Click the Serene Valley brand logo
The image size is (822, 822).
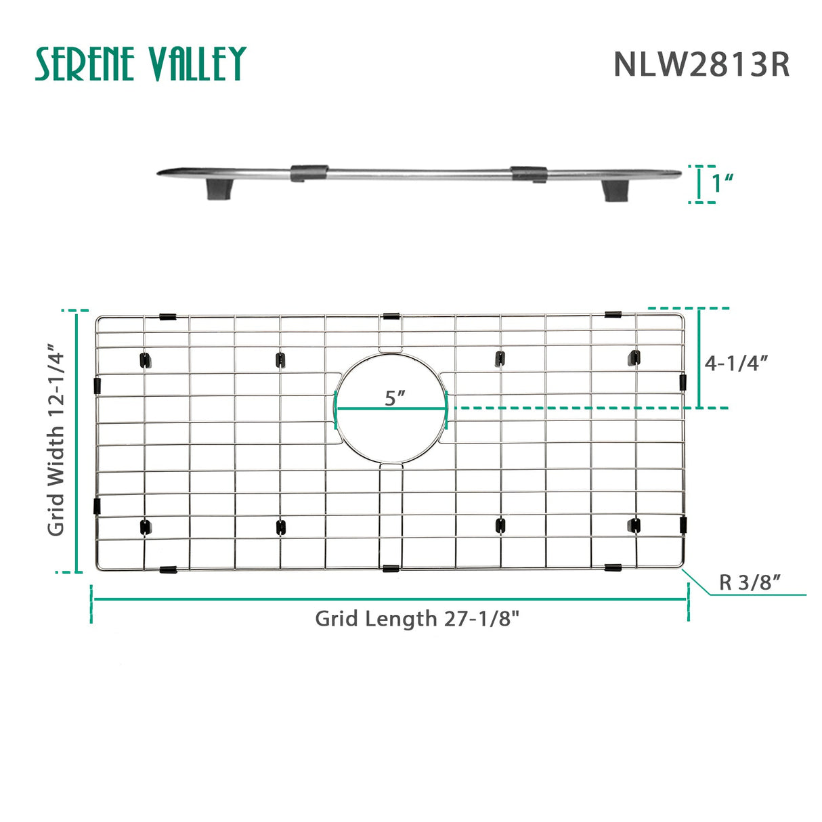(x=140, y=64)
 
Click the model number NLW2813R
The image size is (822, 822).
(x=701, y=65)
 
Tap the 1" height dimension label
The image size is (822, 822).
(x=722, y=183)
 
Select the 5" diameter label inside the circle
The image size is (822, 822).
(x=394, y=398)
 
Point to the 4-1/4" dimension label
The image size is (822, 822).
(x=736, y=363)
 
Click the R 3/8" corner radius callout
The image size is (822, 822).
(x=750, y=582)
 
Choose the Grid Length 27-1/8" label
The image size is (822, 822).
(x=417, y=619)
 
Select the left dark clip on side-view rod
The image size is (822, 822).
(x=309, y=173)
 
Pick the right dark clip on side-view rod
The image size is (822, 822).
(x=529, y=174)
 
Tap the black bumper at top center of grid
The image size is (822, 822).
(x=391, y=316)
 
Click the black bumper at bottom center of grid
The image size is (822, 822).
(x=391, y=568)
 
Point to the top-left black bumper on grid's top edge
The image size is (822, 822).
(x=167, y=317)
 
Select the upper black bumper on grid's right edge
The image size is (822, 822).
(x=683, y=381)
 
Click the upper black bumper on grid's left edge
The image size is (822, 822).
(x=97, y=386)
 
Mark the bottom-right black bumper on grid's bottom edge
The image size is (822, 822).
(x=613, y=567)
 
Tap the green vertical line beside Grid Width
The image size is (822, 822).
(x=78, y=441)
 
